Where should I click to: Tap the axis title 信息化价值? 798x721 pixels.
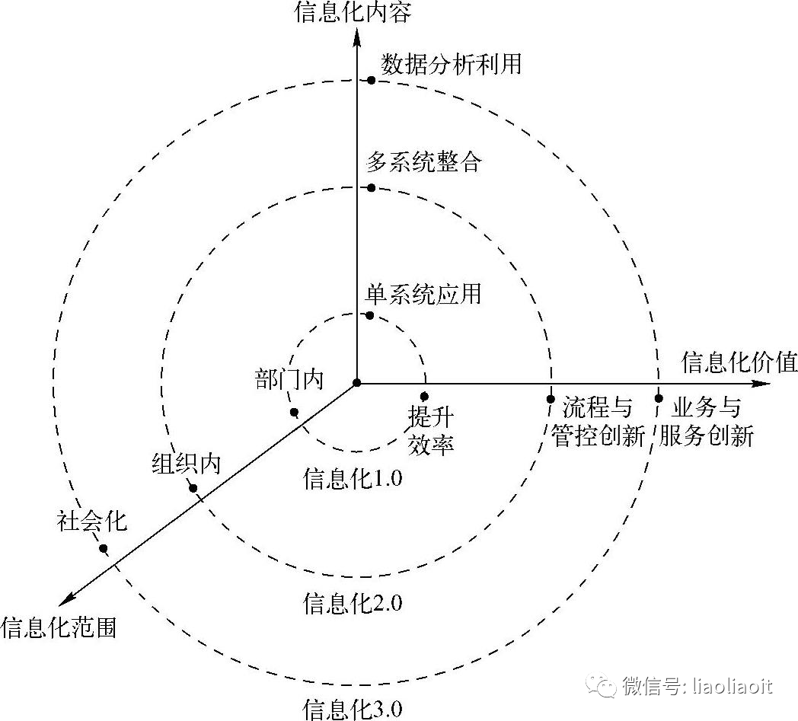tap(739, 362)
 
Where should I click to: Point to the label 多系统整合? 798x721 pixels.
tap(423, 162)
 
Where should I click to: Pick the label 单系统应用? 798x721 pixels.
tap(423, 293)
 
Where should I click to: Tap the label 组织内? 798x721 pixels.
tap(186, 463)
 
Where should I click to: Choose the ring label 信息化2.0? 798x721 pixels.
tap(352, 604)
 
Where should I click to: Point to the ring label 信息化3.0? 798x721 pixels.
tap(352, 708)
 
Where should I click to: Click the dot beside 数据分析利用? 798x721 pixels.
tap(371, 80)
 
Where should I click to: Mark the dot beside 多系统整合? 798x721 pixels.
tap(371, 187)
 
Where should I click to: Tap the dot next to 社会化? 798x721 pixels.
tap(103, 548)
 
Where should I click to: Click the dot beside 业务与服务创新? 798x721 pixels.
tap(659, 397)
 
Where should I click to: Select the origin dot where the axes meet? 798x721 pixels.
tap(356, 382)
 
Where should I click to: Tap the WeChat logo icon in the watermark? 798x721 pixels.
tap(606, 686)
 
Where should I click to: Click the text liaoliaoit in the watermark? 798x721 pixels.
tap(729, 686)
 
